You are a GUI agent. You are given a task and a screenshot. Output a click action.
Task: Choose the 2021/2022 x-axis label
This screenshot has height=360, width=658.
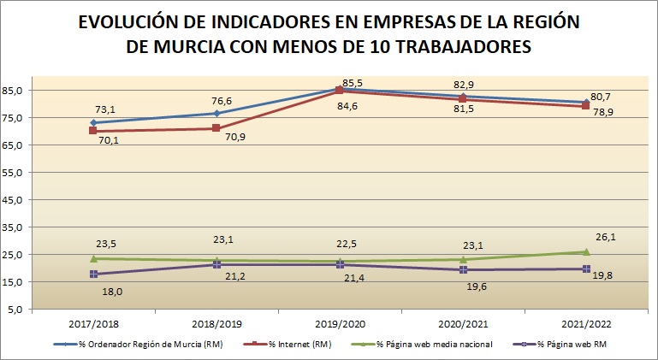pos(585,323)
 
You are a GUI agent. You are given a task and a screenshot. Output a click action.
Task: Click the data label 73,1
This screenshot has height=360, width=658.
pos(106,109)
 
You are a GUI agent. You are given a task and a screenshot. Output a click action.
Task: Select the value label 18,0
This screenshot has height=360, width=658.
pos(111,291)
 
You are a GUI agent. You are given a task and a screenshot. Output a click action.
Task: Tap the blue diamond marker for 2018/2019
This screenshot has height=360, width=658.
pos(216,113)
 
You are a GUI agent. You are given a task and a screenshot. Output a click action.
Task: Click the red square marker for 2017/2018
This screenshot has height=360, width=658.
pos(93,131)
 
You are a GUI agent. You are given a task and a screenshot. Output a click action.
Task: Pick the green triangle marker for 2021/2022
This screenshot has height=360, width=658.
pos(586,251)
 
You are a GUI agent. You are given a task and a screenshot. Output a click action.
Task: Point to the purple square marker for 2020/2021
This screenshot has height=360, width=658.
pos(463,269)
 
